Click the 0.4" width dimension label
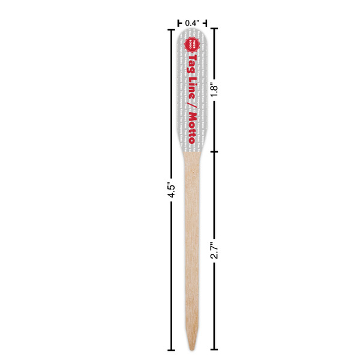(x=192, y=23)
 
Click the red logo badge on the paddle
(x=192, y=43)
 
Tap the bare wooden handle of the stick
(x=192, y=240)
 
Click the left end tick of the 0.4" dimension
(x=178, y=23)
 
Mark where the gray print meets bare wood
(x=192, y=151)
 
